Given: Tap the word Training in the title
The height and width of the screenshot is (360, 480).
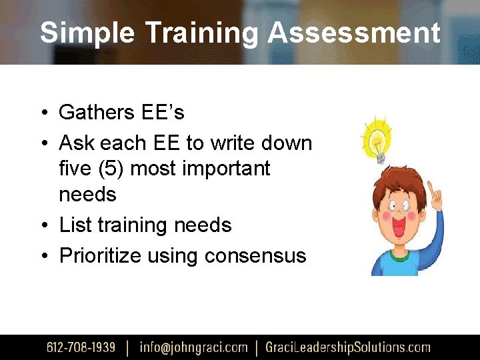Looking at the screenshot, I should click(x=199, y=32).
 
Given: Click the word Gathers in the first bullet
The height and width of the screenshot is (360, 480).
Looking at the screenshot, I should click(x=97, y=112).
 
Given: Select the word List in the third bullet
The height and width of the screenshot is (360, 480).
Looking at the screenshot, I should click(x=75, y=225).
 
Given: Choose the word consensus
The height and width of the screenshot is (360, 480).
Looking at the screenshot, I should click(x=255, y=255).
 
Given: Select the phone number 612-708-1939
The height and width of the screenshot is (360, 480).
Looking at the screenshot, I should click(x=80, y=347).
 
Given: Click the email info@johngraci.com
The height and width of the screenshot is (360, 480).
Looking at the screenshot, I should click(x=193, y=347).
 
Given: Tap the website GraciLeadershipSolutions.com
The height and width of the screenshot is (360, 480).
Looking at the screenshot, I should click(x=347, y=347).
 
